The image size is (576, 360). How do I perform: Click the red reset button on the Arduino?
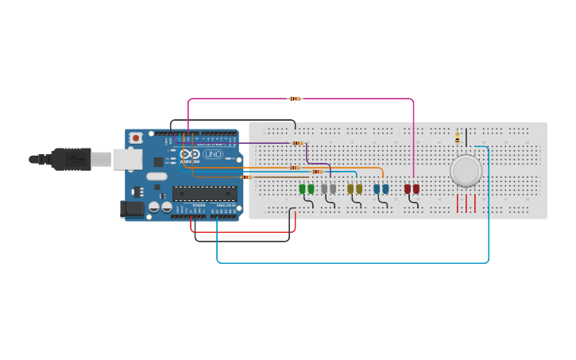tap(136, 137)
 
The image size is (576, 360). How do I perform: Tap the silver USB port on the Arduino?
tap(127, 160)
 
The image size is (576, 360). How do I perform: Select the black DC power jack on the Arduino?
tap(132, 209)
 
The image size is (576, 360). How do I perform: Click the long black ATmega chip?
tap(204, 193)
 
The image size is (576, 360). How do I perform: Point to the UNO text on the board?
tap(213, 154)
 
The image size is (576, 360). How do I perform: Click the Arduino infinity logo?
tap(190, 155)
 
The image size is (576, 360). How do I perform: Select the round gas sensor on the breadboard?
tap(466, 171)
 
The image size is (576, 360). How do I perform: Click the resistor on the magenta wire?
tap(295, 99)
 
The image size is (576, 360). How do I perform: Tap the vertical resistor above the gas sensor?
tap(457, 137)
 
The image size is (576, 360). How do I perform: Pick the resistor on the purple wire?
tap(297, 143)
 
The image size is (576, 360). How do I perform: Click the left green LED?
tap(302, 188)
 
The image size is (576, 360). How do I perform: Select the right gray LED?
tap(333, 188)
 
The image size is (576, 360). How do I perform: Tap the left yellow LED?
tap(350, 188)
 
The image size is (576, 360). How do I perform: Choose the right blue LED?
tap(385, 188)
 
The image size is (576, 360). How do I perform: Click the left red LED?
tap(408, 188)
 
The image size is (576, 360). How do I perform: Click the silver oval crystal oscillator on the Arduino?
tap(157, 176)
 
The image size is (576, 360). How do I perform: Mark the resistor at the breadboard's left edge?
tap(245, 177)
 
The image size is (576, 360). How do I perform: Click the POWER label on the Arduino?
tap(199, 205)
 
